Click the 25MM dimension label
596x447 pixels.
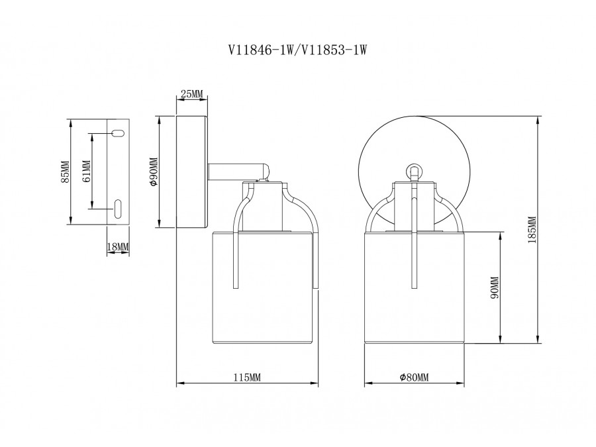click(x=192, y=95)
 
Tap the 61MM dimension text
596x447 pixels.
click(x=86, y=172)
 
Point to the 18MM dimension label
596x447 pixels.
click(x=119, y=247)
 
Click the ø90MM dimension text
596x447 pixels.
click(x=154, y=172)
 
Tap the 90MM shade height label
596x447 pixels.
click(x=493, y=288)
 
